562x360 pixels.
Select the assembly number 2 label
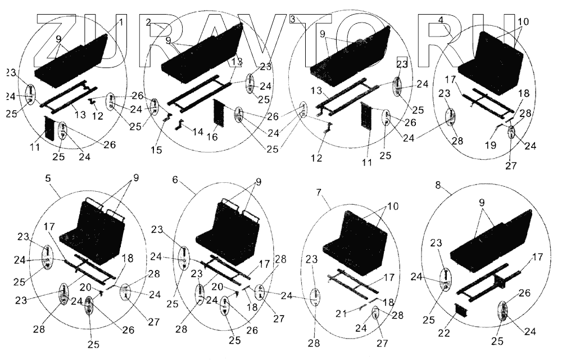coord(148,22)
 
